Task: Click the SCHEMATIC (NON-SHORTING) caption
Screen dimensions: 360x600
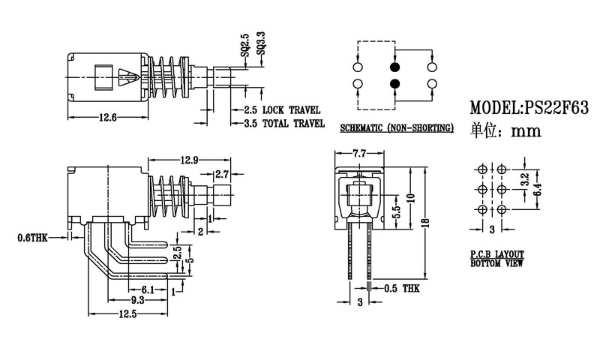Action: [397, 128]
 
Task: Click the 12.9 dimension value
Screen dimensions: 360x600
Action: [190, 159]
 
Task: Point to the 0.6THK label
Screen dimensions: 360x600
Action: [32, 238]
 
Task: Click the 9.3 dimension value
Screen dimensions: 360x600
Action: [134, 299]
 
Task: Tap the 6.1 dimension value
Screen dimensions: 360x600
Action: [147, 289]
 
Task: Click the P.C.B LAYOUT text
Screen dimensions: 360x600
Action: [497, 255]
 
